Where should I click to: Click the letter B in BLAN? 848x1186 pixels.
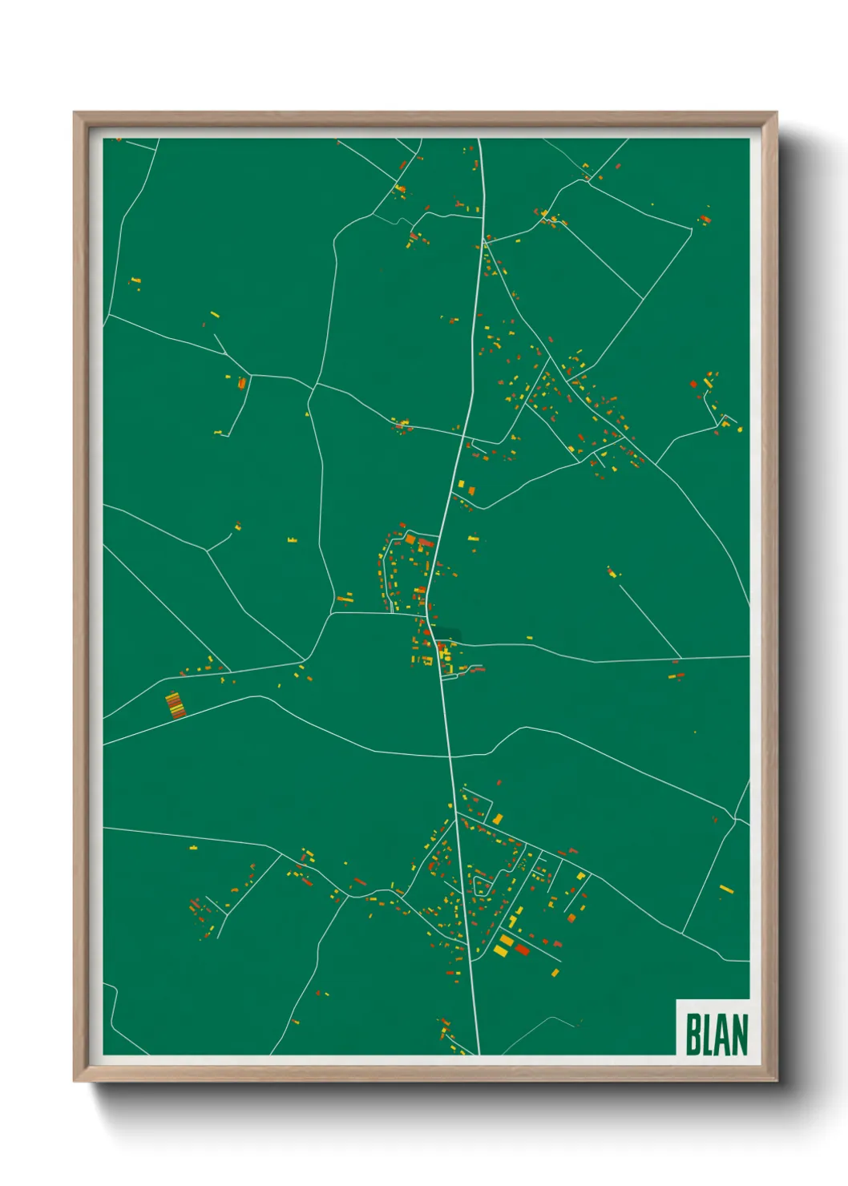coord(693,1035)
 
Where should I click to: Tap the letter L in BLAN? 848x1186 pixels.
coord(708,1035)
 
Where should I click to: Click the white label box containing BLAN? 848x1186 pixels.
coord(713,1028)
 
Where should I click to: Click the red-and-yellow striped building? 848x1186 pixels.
coord(175,705)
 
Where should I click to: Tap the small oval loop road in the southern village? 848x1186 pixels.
coord(483,886)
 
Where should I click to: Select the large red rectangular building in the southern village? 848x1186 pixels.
coord(523,950)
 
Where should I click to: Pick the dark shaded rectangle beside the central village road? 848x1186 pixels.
coord(446,632)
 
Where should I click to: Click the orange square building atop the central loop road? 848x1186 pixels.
coord(410,539)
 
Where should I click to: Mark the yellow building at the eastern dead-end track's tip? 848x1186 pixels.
coord(612,572)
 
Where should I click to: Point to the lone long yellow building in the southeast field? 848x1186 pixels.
coord(726,889)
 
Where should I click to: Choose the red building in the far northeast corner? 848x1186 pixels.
coord(705,218)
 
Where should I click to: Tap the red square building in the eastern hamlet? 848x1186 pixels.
coord(693,385)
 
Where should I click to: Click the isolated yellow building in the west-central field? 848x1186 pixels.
coord(293,541)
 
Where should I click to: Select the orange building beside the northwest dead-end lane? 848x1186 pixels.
coord(241,383)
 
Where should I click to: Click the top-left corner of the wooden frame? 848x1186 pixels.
coord(75,113)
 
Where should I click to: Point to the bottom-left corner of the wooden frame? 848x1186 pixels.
coord(75,1081)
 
